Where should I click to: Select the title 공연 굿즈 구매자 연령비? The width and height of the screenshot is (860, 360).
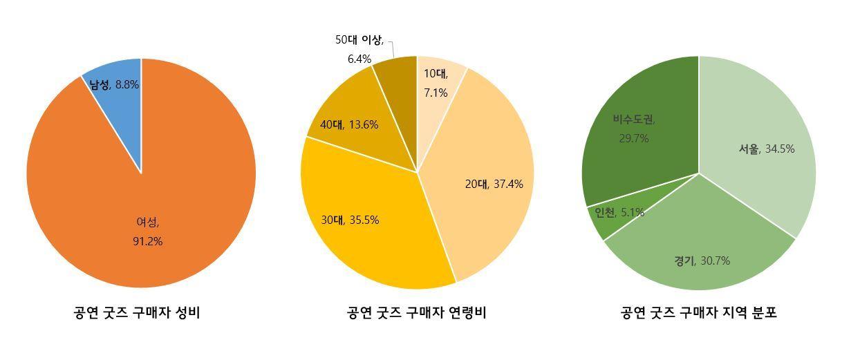(x=416, y=313)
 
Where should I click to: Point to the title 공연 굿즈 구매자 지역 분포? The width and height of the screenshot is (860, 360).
(x=699, y=313)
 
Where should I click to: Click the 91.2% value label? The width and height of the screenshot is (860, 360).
(x=148, y=241)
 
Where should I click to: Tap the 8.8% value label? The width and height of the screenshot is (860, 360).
(x=127, y=84)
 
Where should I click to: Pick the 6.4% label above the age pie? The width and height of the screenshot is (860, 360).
(x=359, y=59)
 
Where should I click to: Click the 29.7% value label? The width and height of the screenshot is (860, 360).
(x=634, y=138)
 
